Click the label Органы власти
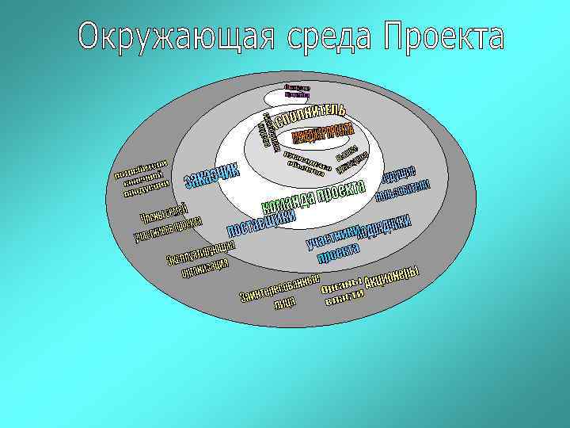click(344, 293)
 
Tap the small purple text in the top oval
click(296, 92)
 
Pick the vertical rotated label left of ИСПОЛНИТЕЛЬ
click(268, 132)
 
